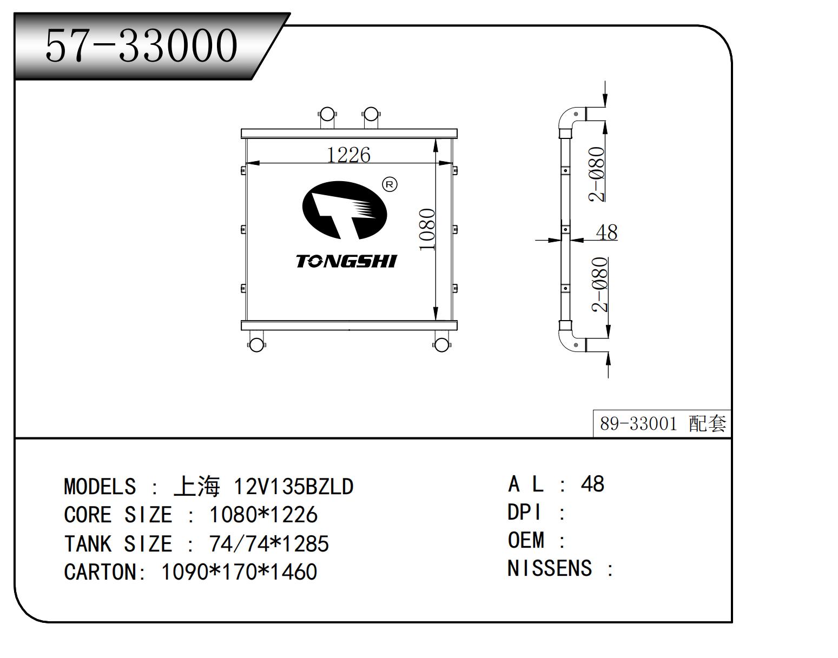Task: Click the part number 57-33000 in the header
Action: [141, 45]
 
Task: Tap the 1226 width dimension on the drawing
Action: [348, 155]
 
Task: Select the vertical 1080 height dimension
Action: [427, 230]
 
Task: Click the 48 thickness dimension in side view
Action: [606, 232]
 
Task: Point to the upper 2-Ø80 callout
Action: [597, 174]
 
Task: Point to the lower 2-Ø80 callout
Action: [600, 285]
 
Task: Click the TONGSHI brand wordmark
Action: [346, 262]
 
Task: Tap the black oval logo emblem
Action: [345, 210]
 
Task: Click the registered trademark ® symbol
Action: [390, 184]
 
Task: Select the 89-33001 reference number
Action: [638, 424]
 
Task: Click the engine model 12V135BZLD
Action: [293, 486]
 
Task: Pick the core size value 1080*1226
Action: [263, 515]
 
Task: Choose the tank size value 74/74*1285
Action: [269, 543]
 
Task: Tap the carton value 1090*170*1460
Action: [239, 571]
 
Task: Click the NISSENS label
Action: [550, 568]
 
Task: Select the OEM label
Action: [526, 540]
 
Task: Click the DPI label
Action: [524, 513]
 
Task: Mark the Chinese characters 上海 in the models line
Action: [197, 486]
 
